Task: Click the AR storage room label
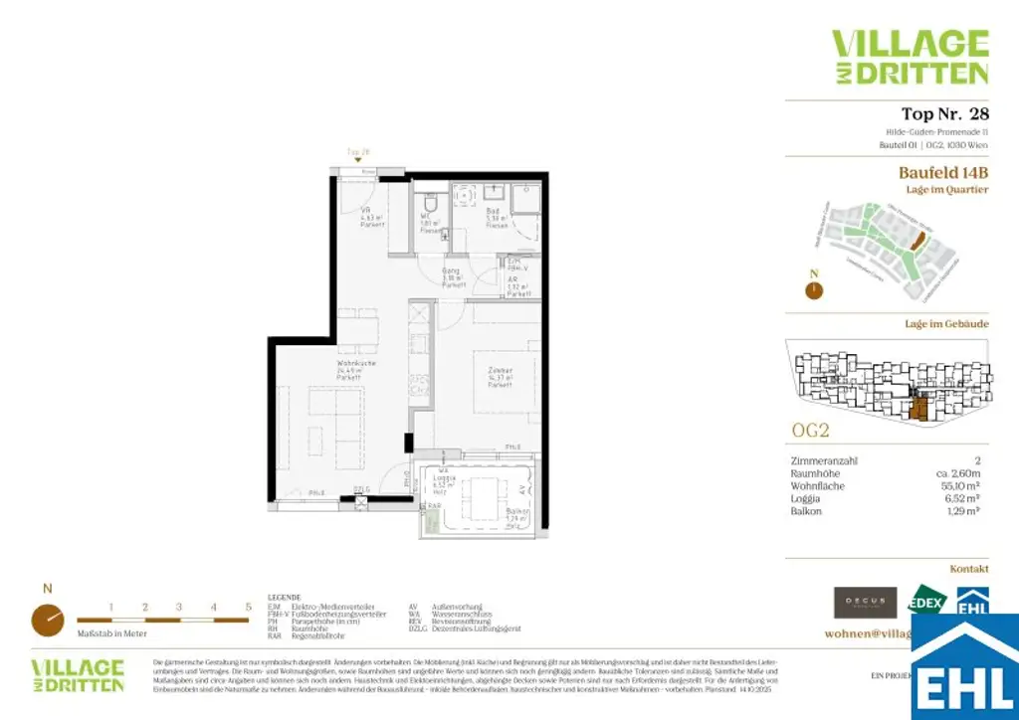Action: pyautogui.click(x=515, y=285)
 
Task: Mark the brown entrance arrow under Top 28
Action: pyautogui.click(x=358, y=162)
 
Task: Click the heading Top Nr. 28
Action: pyautogui.click(x=944, y=113)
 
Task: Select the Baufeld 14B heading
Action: pyautogui.click(x=943, y=172)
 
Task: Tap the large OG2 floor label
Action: pyautogui.click(x=810, y=432)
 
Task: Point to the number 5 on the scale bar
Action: pyautogui.click(x=248, y=606)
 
